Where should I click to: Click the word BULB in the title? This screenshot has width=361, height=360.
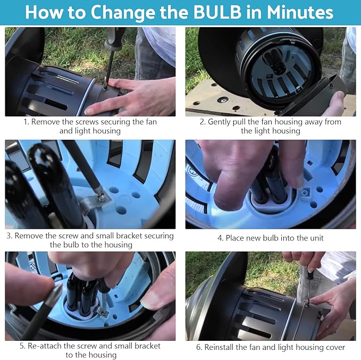click(x=217, y=12)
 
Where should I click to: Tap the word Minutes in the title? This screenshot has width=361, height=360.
click(x=300, y=12)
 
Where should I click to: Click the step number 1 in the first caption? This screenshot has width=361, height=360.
click(x=26, y=122)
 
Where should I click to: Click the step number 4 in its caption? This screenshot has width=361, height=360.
click(x=220, y=238)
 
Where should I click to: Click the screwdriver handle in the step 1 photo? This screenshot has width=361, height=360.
click(x=114, y=38)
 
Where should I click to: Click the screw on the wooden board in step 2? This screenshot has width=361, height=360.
click(x=223, y=100)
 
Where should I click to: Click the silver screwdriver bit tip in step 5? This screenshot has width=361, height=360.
click(x=58, y=290)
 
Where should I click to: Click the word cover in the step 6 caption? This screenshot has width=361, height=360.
click(x=336, y=347)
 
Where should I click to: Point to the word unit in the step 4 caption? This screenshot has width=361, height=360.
click(x=317, y=238)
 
